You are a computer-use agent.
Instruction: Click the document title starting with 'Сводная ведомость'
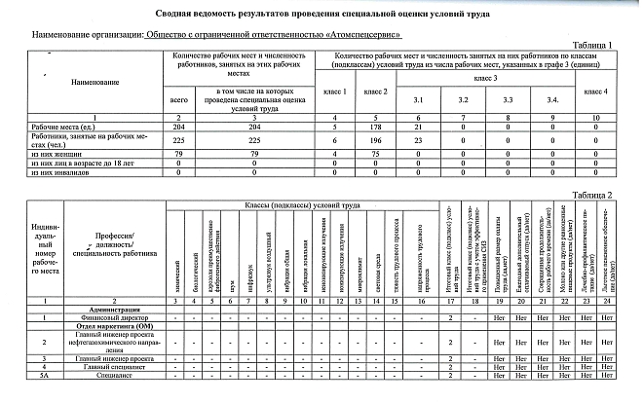click(x=321, y=13)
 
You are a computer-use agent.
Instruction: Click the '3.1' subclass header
click(x=419, y=101)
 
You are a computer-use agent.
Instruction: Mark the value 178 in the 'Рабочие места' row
click(x=375, y=128)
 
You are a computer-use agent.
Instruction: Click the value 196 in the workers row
click(x=375, y=140)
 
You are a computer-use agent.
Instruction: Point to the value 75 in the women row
click(x=375, y=153)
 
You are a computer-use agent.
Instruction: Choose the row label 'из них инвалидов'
click(x=58, y=170)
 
